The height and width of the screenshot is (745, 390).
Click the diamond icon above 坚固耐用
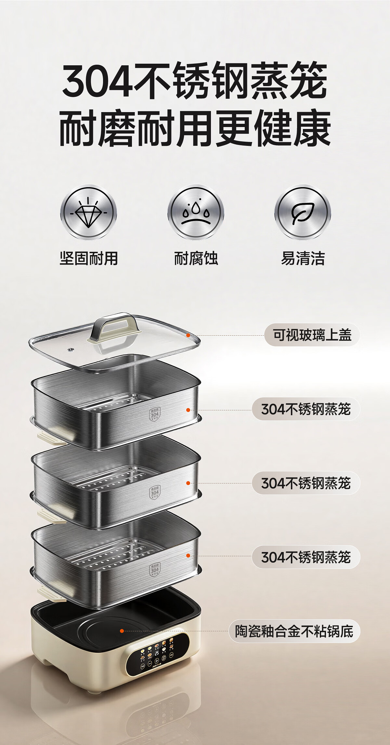88,213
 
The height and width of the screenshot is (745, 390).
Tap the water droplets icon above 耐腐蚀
196,213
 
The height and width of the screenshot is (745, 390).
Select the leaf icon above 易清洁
303,213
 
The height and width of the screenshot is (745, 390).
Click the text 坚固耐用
88,259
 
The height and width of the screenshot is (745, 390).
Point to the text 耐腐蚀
196,259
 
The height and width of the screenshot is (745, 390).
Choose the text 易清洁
303,259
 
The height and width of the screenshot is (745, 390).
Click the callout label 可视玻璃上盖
312,335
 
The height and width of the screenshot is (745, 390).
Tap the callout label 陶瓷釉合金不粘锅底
294,631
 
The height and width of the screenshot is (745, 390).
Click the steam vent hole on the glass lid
71,350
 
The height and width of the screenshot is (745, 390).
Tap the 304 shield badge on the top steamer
155,414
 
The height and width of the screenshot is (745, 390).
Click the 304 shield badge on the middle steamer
155,492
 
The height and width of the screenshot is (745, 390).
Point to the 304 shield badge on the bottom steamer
155,570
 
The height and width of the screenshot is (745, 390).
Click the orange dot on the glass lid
188,335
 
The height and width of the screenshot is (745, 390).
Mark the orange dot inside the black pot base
122,631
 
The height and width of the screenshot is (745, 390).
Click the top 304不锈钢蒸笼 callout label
306,409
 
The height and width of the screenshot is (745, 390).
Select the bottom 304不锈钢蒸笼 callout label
306,557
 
